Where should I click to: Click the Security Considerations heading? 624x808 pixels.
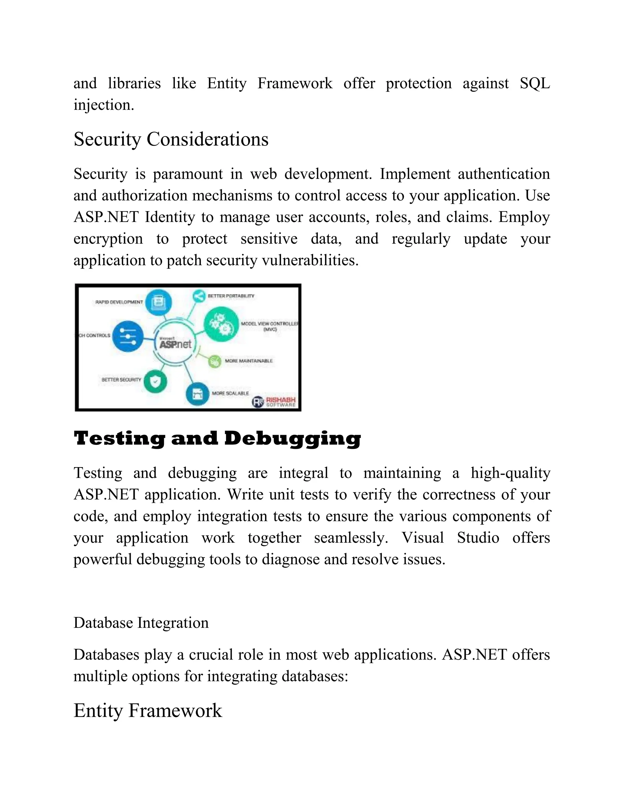click(x=171, y=139)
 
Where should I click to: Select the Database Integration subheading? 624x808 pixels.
click(x=141, y=623)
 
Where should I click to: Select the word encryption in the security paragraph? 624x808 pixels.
click(x=108, y=239)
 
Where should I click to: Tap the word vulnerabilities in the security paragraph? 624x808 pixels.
click(x=310, y=260)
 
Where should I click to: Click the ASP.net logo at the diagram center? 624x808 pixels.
click(x=175, y=344)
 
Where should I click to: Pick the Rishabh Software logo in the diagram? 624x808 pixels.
click(x=274, y=402)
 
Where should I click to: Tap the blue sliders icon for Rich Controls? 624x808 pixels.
click(x=128, y=336)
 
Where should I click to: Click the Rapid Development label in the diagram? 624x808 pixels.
click(x=119, y=302)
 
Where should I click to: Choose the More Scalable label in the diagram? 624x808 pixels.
click(x=230, y=393)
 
